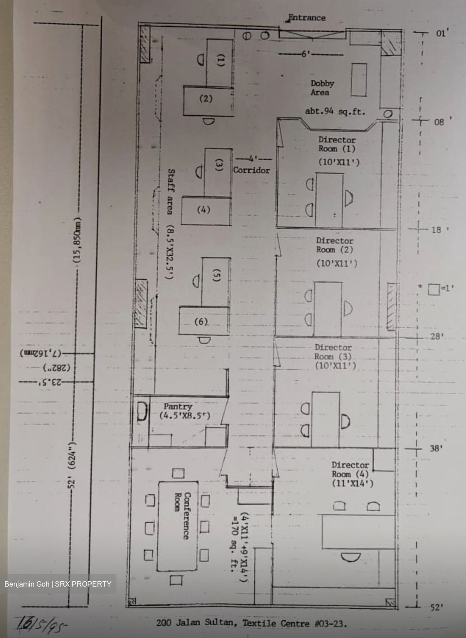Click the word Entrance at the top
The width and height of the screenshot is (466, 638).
tap(307, 18)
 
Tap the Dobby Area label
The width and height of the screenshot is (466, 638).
tap(322, 88)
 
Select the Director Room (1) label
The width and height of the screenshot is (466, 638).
tap(337, 144)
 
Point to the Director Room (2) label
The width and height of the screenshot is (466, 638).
tap(335, 245)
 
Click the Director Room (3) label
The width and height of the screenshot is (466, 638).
tap(334, 352)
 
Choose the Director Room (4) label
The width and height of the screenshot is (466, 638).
tap(350, 470)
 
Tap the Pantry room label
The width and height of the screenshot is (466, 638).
tap(178, 407)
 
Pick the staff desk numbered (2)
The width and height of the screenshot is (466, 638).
tap(206, 99)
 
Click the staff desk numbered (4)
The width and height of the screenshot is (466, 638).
tap(204, 210)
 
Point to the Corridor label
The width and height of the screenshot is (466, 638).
tap(251, 170)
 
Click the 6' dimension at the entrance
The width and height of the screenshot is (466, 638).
tap(306, 54)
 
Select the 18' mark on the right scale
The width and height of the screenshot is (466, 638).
tap(436, 230)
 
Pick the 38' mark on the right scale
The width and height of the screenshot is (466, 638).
tap(436, 448)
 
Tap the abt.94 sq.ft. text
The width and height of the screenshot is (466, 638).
tap(335, 112)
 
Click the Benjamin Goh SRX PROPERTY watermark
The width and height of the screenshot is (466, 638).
tap(58, 584)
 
